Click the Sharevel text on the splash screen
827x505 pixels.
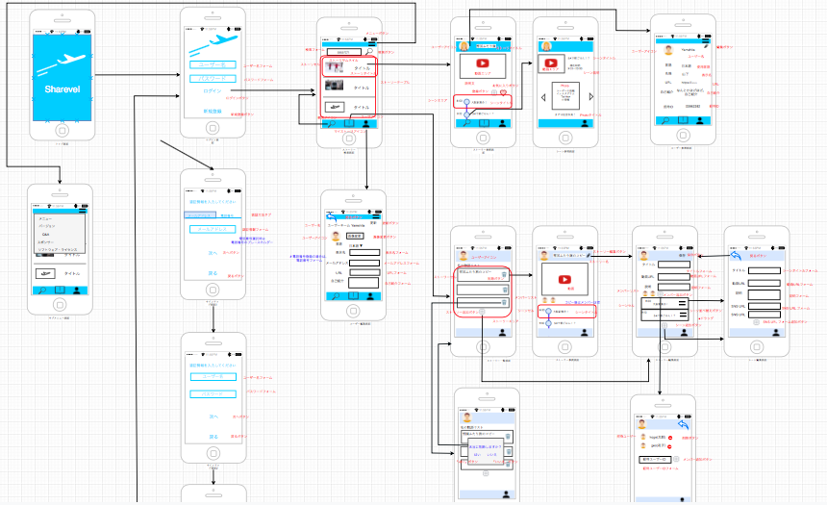pos(61,88)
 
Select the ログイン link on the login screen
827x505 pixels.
pos(213,89)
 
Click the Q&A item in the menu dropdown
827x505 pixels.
pos(45,234)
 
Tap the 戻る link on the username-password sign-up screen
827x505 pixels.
pos(213,436)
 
